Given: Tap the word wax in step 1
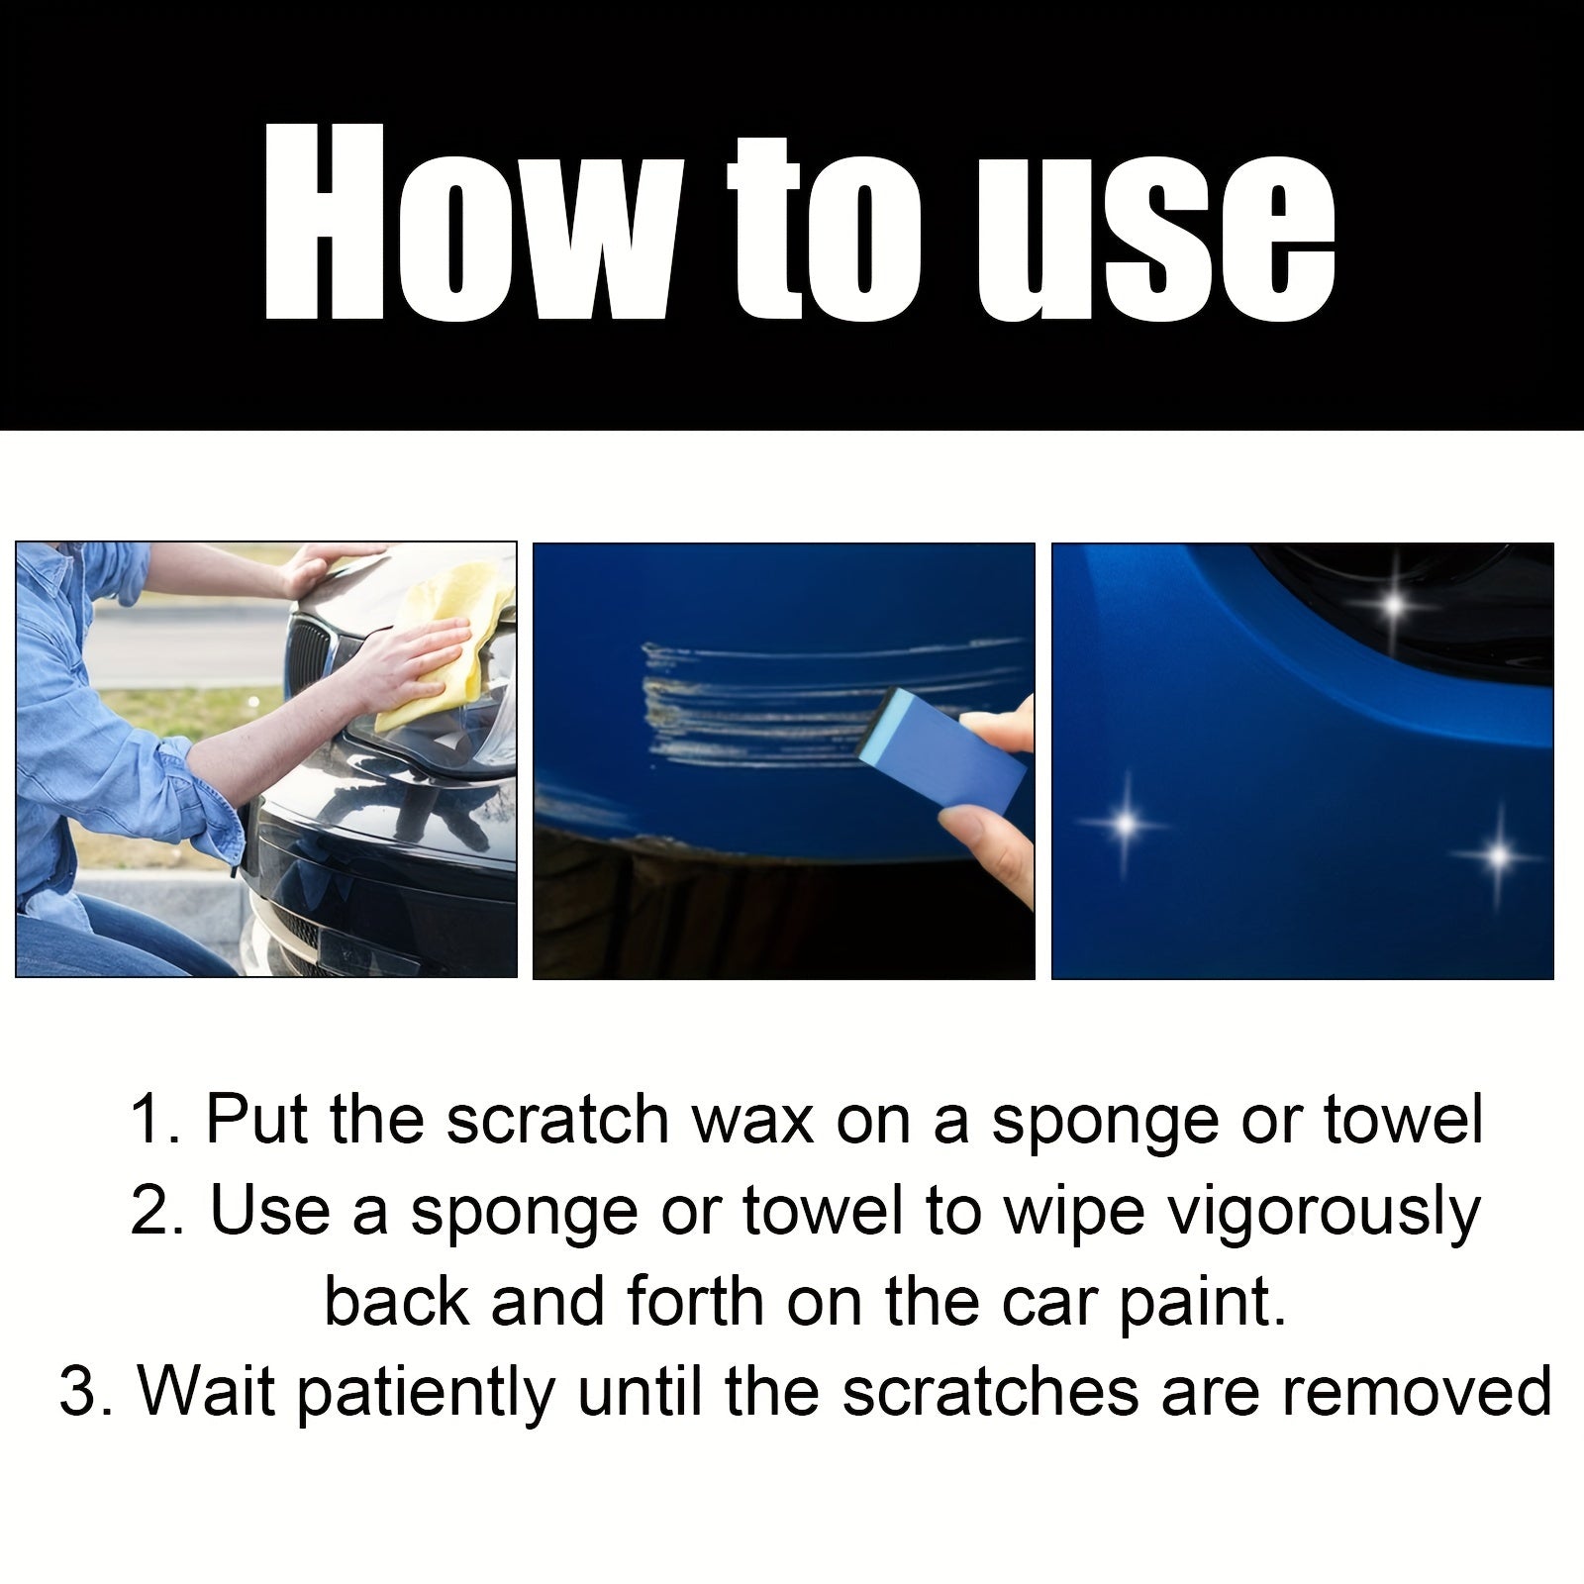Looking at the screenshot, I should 752,1120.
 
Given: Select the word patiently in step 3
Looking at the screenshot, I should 426,1393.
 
